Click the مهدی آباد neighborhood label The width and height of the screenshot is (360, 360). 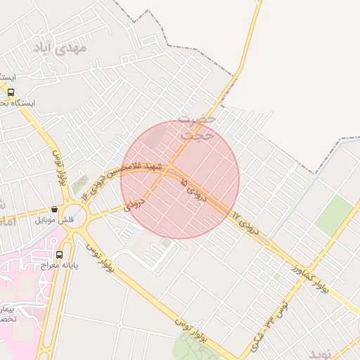click(x=59, y=48)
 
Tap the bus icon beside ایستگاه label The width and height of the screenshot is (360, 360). click(x=11, y=92)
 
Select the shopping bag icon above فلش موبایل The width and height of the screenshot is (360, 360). click(x=54, y=209)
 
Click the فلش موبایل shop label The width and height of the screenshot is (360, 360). click(x=55, y=220)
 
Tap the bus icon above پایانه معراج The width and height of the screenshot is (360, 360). click(x=59, y=255)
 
